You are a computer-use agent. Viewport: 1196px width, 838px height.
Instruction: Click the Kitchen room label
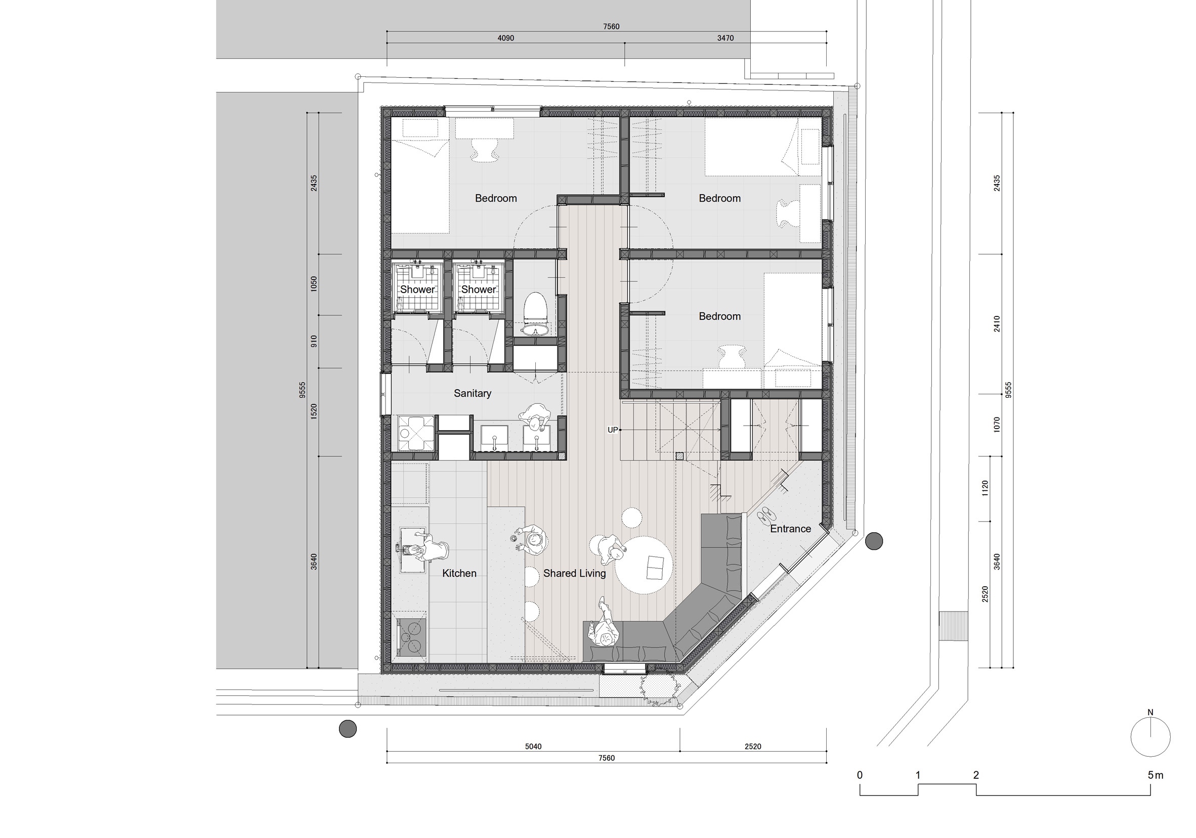click(x=459, y=573)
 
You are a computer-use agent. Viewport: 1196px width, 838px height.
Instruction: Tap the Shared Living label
click(x=574, y=573)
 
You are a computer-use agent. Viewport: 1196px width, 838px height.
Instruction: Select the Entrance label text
click(x=790, y=529)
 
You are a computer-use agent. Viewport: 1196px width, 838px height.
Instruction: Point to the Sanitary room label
click(x=472, y=394)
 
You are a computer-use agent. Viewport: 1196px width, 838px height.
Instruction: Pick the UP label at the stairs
click(x=613, y=430)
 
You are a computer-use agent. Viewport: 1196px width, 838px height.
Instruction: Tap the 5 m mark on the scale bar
click(x=1155, y=775)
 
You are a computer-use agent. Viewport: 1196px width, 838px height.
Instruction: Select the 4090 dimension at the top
click(x=505, y=38)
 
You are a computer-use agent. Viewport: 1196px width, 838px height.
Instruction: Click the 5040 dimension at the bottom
click(x=533, y=747)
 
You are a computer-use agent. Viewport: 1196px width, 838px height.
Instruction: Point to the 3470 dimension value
click(x=725, y=38)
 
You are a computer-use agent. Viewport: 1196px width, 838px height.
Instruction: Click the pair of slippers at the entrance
click(x=766, y=514)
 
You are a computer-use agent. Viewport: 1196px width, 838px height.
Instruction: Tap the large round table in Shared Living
click(x=644, y=565)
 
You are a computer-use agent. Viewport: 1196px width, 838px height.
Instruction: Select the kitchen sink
click(x=413, y=549)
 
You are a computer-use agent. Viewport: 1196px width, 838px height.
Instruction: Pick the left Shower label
click(x=417, y=290)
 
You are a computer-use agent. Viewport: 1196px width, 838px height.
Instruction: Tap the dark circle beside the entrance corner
click(x=874, y=541)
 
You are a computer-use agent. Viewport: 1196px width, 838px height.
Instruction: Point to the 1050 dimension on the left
click(x=314, y=284)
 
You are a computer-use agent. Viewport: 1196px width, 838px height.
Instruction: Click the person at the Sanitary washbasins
click(x=535, y=417)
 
